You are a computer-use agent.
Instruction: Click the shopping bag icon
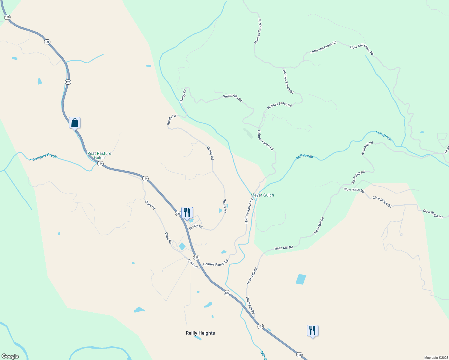pyautogui.click(x=74, y=123)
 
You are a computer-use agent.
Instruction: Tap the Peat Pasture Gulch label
pyautogui.click(x=99, y=155)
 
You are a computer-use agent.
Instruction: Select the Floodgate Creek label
pyautogui.click(x=43, y=157)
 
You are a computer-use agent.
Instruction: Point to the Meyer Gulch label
pyautogui.click(x=262, y=195)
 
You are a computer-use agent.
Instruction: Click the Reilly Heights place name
pyautogui.click(x=200, y=333)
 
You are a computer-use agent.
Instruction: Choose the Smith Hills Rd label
pyautogui.click(x=232, y=98)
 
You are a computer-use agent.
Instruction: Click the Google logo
pyautogui.click(x=10, y=356)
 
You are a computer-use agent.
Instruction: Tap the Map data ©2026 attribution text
pyautogui.click(x=436, y=358)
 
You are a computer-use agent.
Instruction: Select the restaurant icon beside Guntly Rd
pyautogui.click(x=187, y=213)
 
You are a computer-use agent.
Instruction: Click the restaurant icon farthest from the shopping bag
pyautogui.click(x=312, y=331)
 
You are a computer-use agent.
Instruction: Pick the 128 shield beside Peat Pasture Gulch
pyautogui.click(x=100, y=164)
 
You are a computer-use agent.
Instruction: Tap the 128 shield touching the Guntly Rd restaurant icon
pyautogui.click(x=178, y=214)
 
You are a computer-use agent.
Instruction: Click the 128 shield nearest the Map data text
pyautogui.click(x=299, y=355)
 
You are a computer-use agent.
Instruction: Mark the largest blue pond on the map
pyautogui.click(x=301, y=279)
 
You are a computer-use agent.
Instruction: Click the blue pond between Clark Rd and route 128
pyautogui.click(x=182, y=246)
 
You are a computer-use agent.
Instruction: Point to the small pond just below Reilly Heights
pyautogui.click(x=197, y=338)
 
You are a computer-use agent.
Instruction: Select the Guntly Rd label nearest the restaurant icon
pyautogui.click(x=196, y=227)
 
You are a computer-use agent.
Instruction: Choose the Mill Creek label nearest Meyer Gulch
pyautogui.click(x=305, y=156)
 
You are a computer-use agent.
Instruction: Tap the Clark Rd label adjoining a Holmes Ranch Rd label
pyautogui.click(x=193, y=264)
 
